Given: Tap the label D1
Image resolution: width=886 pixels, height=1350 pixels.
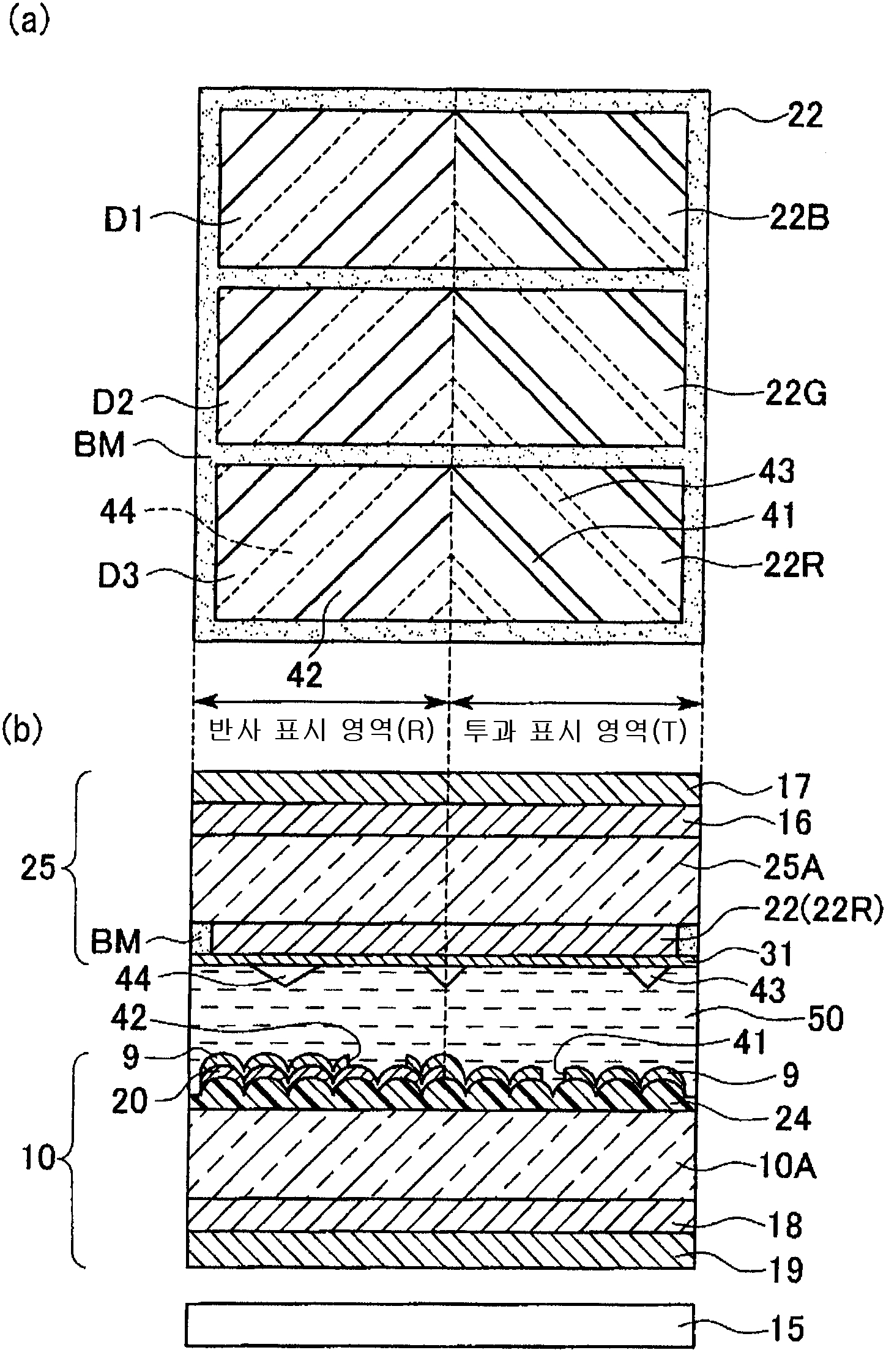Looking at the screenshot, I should tap(124, 221).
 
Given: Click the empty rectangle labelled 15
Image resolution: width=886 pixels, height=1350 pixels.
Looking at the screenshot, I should tap(439, 1325).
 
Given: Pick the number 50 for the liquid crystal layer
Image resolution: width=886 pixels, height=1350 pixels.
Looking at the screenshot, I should tap(826, 1020).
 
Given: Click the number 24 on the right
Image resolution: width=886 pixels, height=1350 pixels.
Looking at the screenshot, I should tap(792, 1119).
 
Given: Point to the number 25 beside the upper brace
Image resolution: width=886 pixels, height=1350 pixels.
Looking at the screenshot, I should tap(38, 868).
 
